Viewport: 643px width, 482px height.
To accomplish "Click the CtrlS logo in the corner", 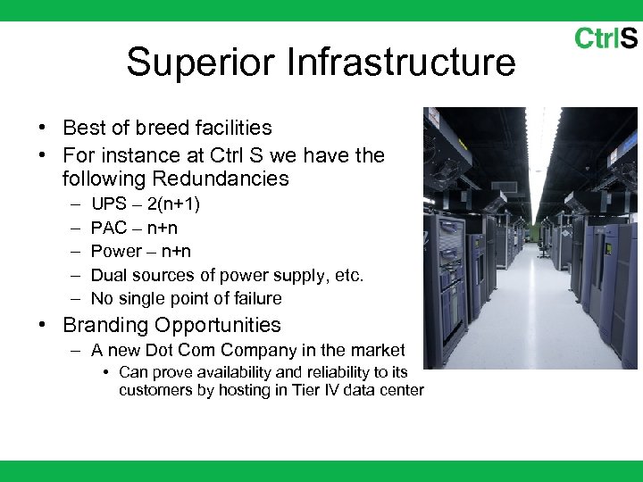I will (605, 37).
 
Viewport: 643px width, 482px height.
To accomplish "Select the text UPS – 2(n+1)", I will (146, 204).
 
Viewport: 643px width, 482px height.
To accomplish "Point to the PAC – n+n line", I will (134, 228).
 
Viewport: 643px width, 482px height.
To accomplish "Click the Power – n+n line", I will (141, 251).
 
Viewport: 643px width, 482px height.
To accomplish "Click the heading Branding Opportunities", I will (171, 325).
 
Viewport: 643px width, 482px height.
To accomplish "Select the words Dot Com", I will (180, 351).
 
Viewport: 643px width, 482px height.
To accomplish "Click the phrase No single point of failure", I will (186, 298).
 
